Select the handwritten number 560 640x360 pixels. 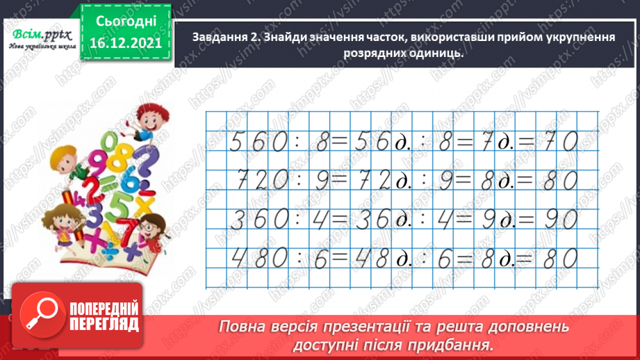point(258,143)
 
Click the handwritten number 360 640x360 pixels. point(258,221)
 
